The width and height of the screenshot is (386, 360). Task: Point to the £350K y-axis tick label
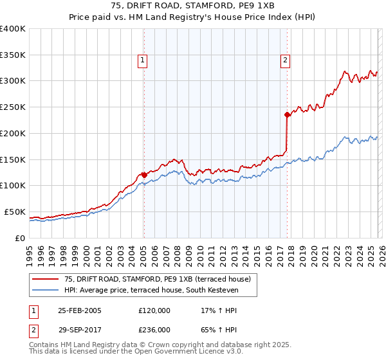(x=13, y=55)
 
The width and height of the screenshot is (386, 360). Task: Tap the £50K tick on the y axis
(x=15, y=212)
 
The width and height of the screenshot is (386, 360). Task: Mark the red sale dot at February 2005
(x=144, y=175)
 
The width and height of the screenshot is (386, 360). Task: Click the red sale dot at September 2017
(x=287, y=114)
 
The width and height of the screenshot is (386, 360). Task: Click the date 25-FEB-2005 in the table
(x=79, y=310)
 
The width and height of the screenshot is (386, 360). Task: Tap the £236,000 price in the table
(x=154, y=329)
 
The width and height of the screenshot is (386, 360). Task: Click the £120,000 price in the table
(x=154, y=310)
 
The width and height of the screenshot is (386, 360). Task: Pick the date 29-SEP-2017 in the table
(x=79, y=329)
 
